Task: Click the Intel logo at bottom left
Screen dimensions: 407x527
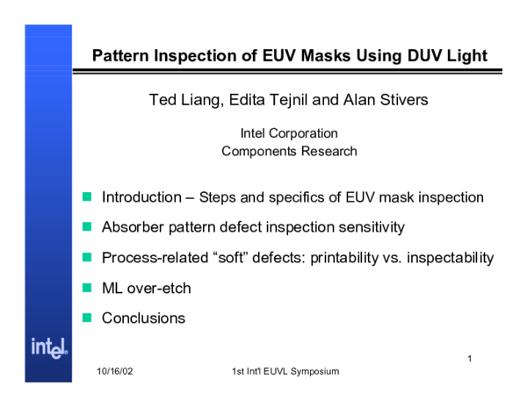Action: [x=49, y=346]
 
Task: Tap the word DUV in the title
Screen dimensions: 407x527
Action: [x=408, y=57]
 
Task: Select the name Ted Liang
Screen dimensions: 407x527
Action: [x=182, y=100]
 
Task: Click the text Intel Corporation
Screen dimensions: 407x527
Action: [x=289, y=133]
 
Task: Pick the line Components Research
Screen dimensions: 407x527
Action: [x=289, y=151]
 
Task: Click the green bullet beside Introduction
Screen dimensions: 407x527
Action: [x=87, y=197]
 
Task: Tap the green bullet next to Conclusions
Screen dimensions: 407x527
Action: [x=87, y=318]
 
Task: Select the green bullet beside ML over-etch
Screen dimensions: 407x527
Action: [x=87, y=288]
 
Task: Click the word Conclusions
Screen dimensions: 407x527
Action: [x=143, y=318]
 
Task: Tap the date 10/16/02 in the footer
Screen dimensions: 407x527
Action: [x=115, y=372]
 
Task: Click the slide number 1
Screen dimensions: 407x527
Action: [x=470, y=359]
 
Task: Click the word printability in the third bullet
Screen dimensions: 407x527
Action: [x=345, y=258]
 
